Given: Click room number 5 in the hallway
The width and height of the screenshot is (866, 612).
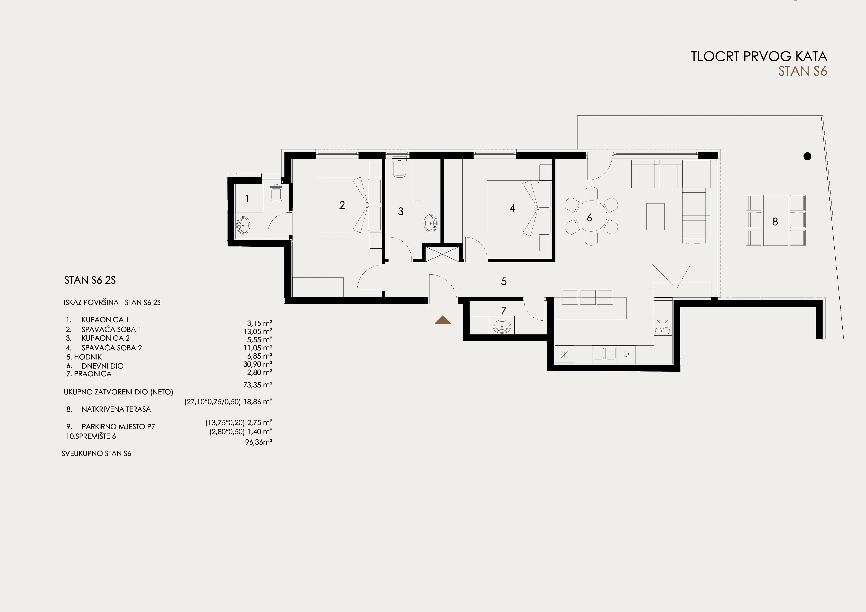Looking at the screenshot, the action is tap(504, 281).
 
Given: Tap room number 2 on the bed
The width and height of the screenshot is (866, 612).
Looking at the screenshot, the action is tap(342, 205).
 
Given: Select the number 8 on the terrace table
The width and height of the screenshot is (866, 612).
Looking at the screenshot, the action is tap(775, 222).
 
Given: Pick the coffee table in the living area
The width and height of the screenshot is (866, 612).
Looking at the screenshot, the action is tap(655, 216).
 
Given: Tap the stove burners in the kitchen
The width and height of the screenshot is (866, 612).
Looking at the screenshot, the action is tap(663, 327).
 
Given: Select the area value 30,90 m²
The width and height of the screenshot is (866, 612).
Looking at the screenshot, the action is tap(258, 364).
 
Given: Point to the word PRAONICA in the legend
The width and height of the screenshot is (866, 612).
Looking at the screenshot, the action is tap(93, 374).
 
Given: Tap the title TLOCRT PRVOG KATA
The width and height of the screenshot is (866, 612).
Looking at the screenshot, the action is tap(759, 57).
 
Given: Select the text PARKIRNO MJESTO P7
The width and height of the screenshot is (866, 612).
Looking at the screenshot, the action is tap(118, 427).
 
